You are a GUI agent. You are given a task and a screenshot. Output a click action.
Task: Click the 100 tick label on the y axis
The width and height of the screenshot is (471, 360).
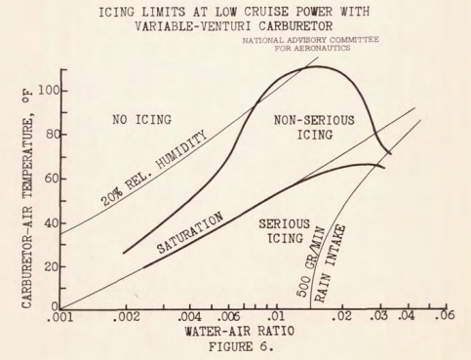click(46, 91)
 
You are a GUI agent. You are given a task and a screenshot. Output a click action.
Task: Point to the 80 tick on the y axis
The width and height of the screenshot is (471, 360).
click(50, 135)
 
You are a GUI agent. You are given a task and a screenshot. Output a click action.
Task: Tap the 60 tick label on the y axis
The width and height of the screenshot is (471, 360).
click(50, 179)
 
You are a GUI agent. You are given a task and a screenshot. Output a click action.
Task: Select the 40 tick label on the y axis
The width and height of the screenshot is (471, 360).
click(50, 222)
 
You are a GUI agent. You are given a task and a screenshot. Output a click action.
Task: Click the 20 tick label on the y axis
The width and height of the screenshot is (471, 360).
click(50, 265)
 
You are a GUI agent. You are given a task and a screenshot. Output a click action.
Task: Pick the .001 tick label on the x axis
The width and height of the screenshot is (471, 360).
click(65, 318)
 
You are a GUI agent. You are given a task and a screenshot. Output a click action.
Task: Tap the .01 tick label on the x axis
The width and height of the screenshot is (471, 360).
click(278, 318)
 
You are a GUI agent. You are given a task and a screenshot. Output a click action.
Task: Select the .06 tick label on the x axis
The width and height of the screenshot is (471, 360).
click(446, 318)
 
